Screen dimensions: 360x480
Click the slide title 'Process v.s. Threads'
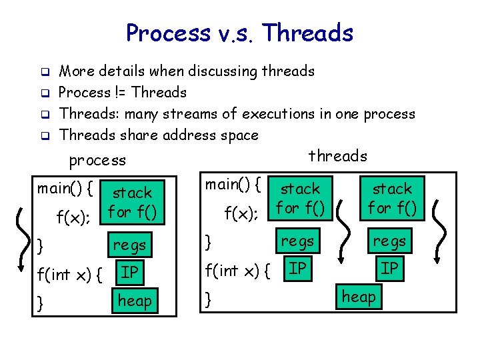pos(239,33)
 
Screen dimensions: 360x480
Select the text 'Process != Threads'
pos(123,92)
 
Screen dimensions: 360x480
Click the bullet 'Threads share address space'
pos(159,135)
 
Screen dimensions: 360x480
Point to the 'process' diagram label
pos(97,160)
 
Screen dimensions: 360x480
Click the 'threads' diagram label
pos(337,156)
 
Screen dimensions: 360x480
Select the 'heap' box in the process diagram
pos(135,301)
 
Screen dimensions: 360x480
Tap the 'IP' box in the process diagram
pos(130,271)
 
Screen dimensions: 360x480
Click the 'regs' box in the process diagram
pos(130,245)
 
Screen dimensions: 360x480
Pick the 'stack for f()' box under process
pos(132,203)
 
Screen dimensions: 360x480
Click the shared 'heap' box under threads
pos(359,296)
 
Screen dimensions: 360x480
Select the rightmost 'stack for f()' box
pos(393,199)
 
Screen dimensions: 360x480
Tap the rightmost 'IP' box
pos(390,268)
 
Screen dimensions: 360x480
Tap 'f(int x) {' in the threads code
pos(237,271)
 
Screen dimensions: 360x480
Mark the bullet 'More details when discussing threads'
pos(187,71)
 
